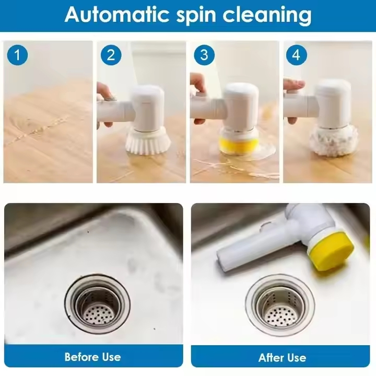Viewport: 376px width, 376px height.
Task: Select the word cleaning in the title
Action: coord(267,16)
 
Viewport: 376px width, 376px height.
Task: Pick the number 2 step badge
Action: coord(110,55)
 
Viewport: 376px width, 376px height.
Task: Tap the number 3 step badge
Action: coord(204,55)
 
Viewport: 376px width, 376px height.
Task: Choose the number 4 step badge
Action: coord(296,55)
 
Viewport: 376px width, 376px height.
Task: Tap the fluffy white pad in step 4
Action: coord(330,141)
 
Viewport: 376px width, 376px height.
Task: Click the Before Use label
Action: coord(92,357)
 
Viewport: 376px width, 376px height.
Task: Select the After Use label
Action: coord(282,358)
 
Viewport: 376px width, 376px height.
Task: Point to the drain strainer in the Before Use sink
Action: coord(97,305)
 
